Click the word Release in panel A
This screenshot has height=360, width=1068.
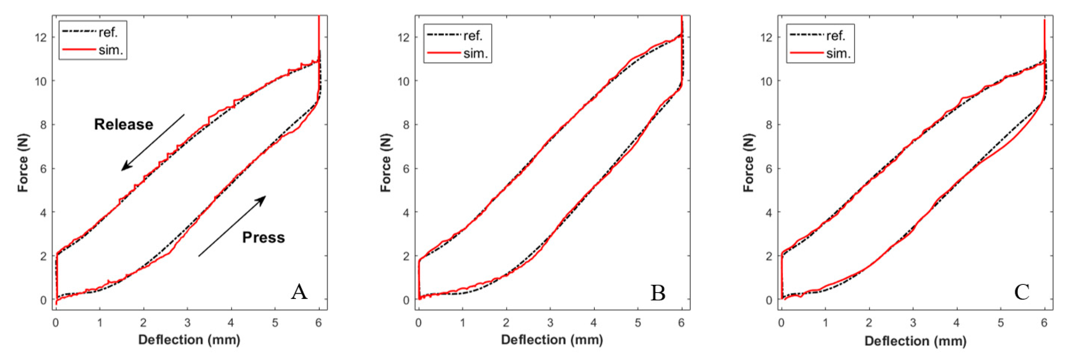(123, 124)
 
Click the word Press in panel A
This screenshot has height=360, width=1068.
(263, 238)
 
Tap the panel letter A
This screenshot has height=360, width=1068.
(299, 292)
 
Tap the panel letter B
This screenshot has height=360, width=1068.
(658, 293)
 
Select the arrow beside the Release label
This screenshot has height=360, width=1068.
(153, 142)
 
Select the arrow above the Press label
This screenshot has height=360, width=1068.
(232, 226)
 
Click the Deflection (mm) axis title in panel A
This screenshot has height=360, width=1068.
(189, 340)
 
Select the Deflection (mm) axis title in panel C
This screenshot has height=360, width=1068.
(915, 341)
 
